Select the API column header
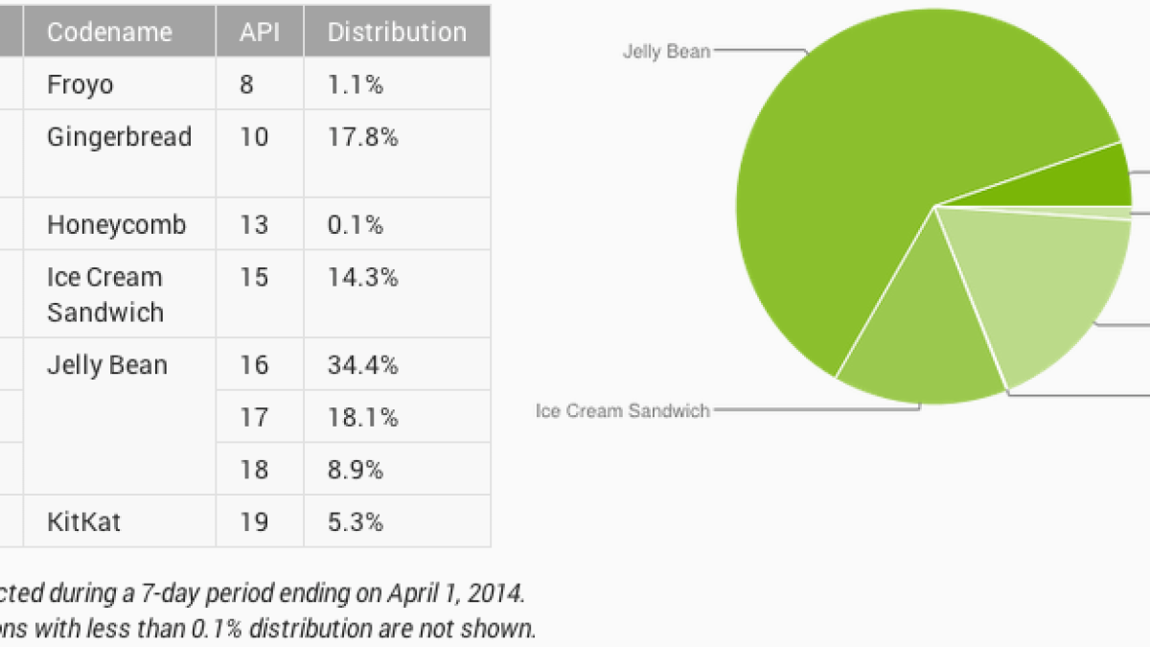pos(259,32)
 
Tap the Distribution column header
pos(397,32)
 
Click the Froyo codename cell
pos(80,84)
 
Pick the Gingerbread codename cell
pos(119,137)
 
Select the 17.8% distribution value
pos(362,137)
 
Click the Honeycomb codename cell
pos(116,225)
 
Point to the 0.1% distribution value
pos(356,225)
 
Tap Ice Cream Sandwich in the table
pos(105,294)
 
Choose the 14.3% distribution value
pos(362,277)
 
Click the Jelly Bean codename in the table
pos(107,365)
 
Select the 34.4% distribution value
pos(362,365)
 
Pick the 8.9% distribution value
pos(356,470)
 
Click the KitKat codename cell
pos(83,522)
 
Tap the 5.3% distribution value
pos(356,522)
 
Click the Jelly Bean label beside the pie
pos(666,51)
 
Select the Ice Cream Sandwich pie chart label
pos(623,411)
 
